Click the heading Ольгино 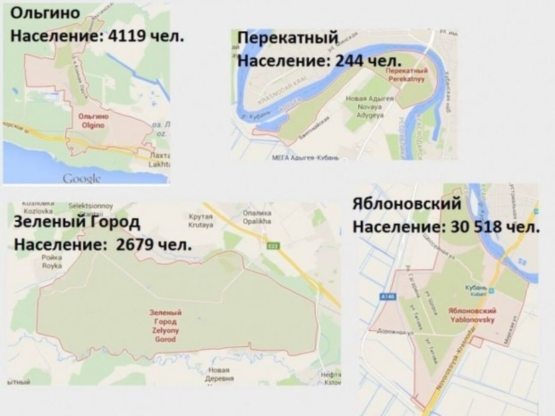tap(45, 13)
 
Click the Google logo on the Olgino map tap(82, 178)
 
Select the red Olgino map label tap(93, 121)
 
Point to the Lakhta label tap(160, 160)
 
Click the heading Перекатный tap(287, 38)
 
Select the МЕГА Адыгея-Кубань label tap(305, 158)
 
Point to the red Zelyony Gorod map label tap(165, 326)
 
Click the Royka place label tap(52, 261)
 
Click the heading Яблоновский tap(407, 204)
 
